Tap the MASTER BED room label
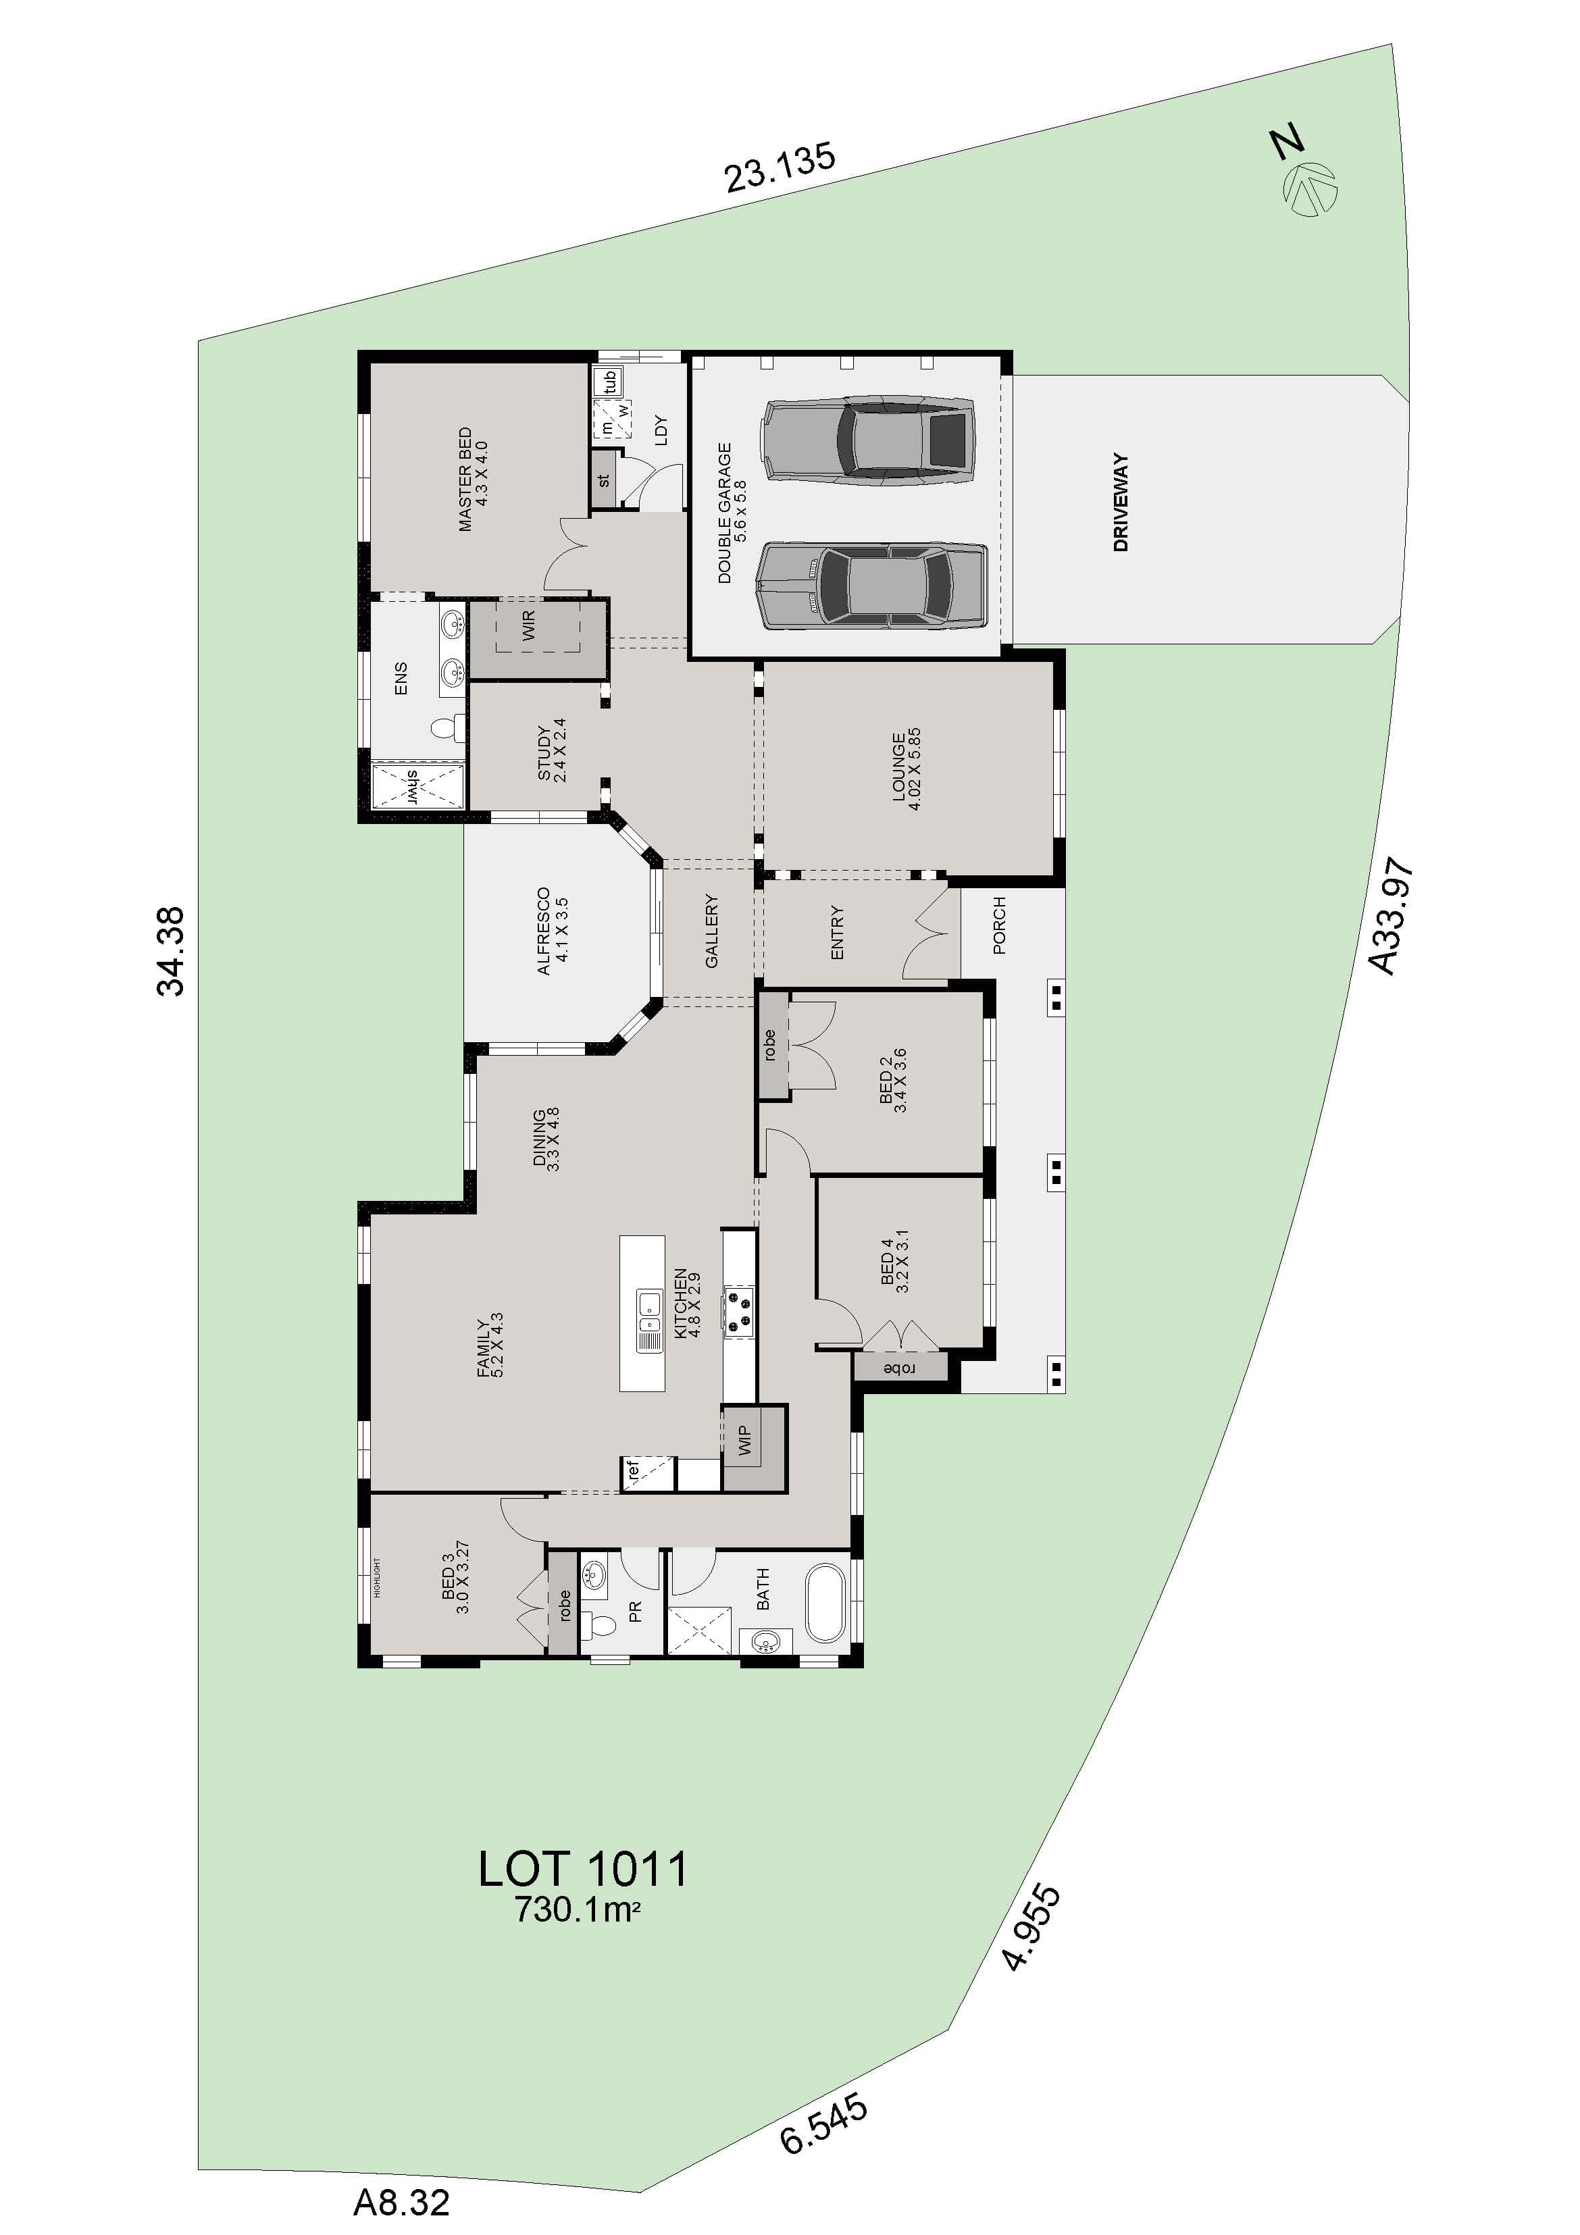point(472,479)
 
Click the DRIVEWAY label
point(1121,503)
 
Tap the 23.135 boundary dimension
point(779,168)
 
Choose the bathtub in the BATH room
point(828,1602)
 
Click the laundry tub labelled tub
point(611,382)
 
